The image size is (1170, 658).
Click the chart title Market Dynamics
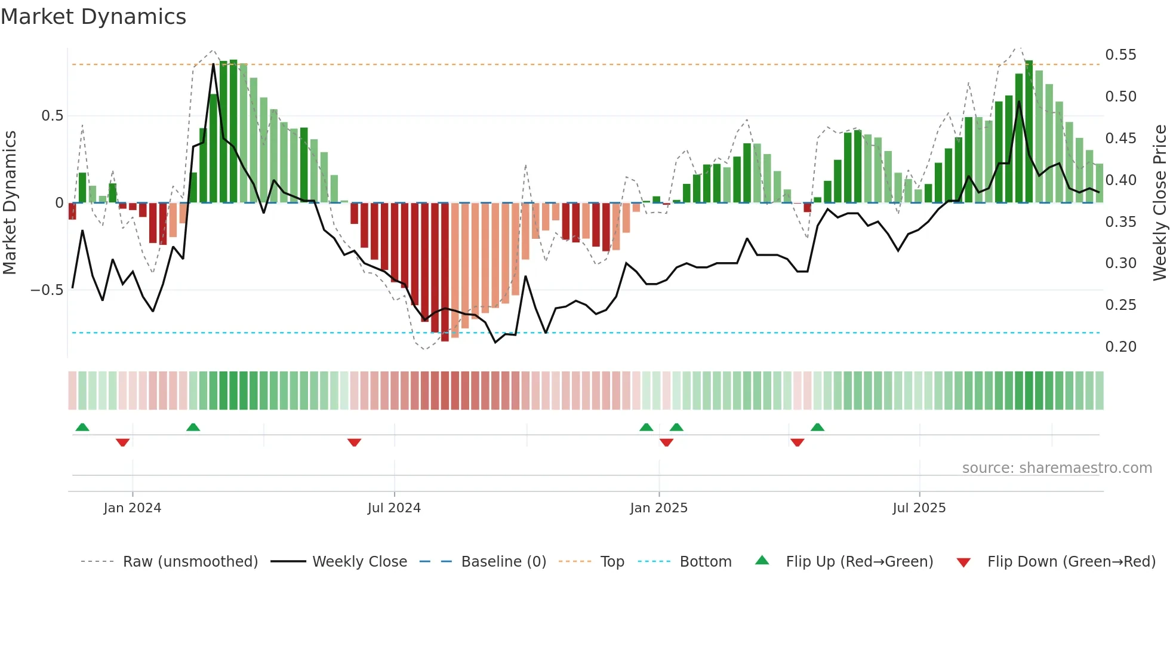[x=93, y=17]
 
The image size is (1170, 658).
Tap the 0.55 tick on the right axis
[x=1120, y=55]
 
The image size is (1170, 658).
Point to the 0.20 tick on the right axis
[x=1120, y=347]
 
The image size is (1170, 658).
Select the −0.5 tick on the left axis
[x=47, y=290]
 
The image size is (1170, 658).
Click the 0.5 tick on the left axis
[x=52, y=116]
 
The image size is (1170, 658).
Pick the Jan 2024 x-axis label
[x=132, y=508]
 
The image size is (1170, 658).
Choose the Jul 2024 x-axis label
[x=394, y=508]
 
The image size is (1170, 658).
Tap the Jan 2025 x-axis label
[x=658, y=508]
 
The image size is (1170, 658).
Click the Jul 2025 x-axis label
[x=919, y=508]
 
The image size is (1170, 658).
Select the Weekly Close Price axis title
[x=1159, y=202]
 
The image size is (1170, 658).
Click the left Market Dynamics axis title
[x=10, y=202]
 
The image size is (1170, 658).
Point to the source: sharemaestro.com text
[x=1057, y=468]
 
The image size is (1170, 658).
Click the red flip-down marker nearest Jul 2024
[x=354, y=442]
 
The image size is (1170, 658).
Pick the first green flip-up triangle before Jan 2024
[x=82, y=427]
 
